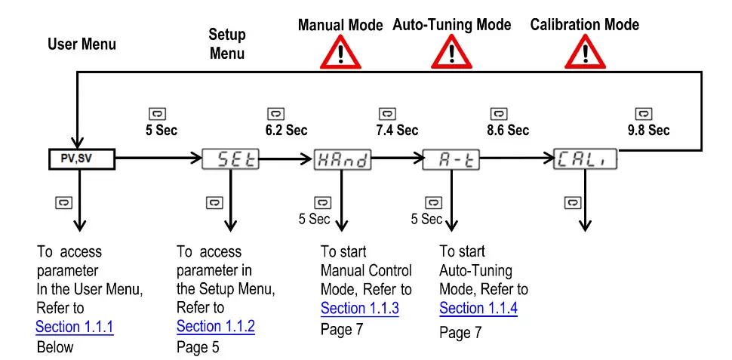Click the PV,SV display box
click(x=77, y=159)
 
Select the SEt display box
click(x=231, y=159)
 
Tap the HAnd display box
click(x=343, y=159)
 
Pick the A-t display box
click(x=451, y=159)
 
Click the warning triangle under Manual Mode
click(x=340, y=53)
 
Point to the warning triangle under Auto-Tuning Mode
click(x=451, y=53)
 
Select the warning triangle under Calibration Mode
click(x=585, y=53)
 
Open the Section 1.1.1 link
click(x=75, y=327)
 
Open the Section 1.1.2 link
click(x=216, y=327)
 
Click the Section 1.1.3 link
click(x=360, y=308)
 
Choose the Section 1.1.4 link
click(x=478, y=308)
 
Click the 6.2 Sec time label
click(x=286, y=130)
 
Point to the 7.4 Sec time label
click(x=397, y=130)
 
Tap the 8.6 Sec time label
click(x=508, y=130)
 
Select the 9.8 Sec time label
click(x=648, y=130)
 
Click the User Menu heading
click(x=82, y=44)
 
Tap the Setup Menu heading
click(x=227, y=44)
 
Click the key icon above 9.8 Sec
click(x=643, y=114)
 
